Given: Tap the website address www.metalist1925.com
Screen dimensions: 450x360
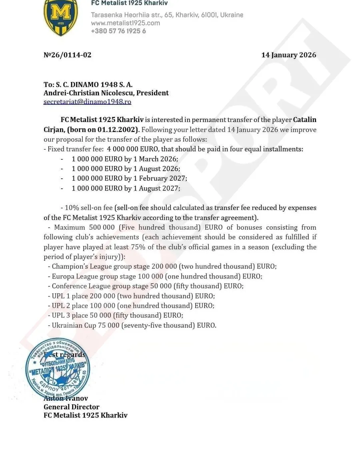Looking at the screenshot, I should [x=126, y=23].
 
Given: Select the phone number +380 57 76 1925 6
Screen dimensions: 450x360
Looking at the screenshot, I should [x=118, y=31].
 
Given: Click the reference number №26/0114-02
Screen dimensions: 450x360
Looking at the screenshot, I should [x=67, y=55].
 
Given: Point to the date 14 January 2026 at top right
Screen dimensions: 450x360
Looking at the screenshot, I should [x=288, y=55].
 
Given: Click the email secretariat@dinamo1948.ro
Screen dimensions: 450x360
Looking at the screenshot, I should [x=87, y=102].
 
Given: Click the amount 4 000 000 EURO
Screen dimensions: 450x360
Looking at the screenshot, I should [x=130, y=149].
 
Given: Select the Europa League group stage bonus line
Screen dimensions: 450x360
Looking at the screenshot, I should [x=157, y=276].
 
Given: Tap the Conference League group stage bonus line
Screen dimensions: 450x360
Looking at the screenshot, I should [x=147, y=286].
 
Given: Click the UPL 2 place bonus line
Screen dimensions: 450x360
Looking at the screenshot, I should [x=133, y=306].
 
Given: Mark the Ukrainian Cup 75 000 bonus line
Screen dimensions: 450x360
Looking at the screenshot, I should [x=134, y=325].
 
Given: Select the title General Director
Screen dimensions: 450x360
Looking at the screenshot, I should [x=71, y=407].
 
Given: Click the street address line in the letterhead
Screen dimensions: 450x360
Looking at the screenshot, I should [x=167, y=15].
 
